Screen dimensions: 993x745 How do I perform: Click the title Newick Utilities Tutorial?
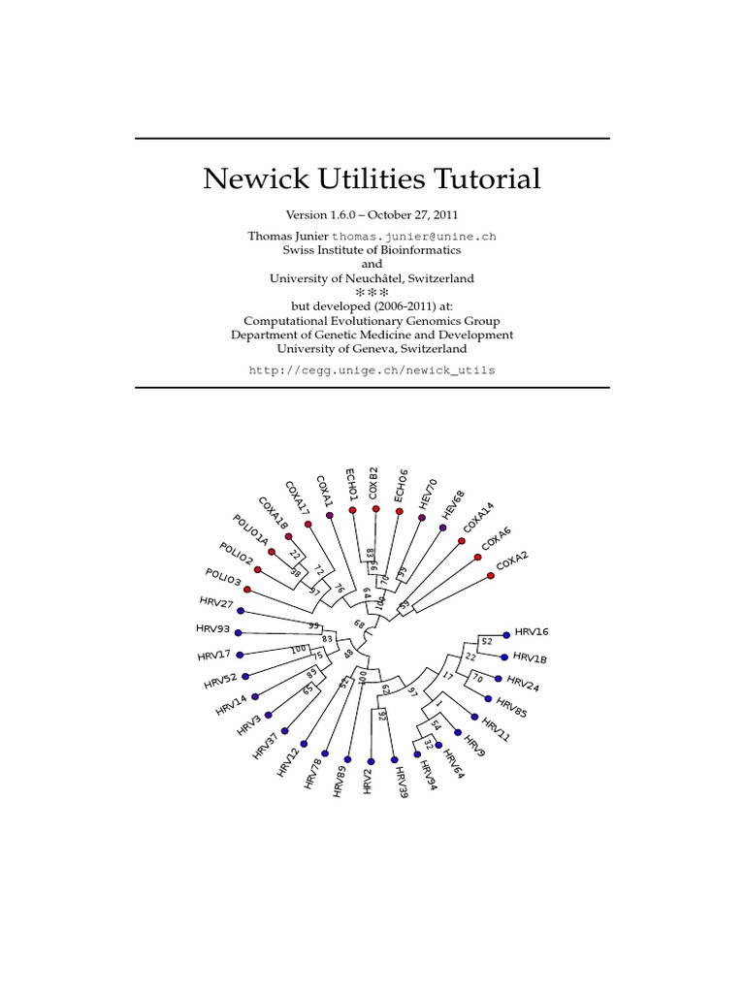click(x=372, y=179)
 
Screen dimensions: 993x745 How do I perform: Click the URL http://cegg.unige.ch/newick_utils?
click(x=372, y=370)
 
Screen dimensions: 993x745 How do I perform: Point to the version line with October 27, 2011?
click(x=372, y=214)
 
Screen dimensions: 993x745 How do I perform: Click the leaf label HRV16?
click(x=532, y=631)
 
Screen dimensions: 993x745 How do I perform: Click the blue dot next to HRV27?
click(x=241, y=611)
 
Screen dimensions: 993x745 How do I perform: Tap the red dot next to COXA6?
click(x=477, y=557)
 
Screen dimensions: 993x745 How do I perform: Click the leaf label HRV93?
click(x=212, y=629)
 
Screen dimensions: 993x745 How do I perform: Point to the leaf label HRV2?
click(x=368, y=782)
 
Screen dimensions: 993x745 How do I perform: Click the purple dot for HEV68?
click(x=443, y=528)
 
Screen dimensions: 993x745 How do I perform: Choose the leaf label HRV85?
click(x=510, y=709)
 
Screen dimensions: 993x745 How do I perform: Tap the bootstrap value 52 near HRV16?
click(x=487, y=641)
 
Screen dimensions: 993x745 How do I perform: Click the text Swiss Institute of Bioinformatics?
click(x=372, y=249)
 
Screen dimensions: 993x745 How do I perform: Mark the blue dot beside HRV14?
click(x=255, y=696)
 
